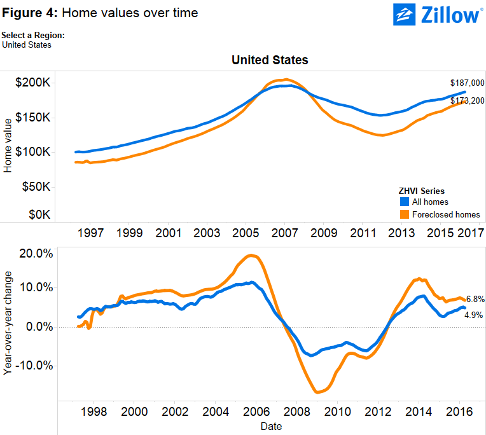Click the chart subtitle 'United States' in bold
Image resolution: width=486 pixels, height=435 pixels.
pyautogui.click(x=270, y=60)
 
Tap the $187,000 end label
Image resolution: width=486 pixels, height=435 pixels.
pyautogui.click(x=467, y=83)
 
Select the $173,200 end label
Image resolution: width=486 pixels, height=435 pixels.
pyautogui.click(x=467, y=100)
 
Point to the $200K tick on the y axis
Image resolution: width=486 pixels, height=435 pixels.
pyautogui.click(x=32, y=83)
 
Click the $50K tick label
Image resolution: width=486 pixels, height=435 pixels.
pyautogui.click(x=34, y=186)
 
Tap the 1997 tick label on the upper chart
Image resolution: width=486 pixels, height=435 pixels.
pyautogui.click(x=90, y=233)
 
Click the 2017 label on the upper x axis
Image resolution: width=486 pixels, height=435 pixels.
pyautogui.click(x=470, y=233)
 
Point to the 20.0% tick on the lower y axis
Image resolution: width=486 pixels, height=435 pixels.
pyautogui.click(x=34, y=253)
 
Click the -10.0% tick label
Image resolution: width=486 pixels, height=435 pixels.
pyautogui.click(x=32, y=366)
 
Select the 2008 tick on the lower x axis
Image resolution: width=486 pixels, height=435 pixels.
pyautogui.click(x=295, y=411)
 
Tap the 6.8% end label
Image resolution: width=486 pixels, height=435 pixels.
pyautogui.click(x=475, y=299)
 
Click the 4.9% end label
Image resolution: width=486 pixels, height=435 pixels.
pyautogui.click(x=474, y=315)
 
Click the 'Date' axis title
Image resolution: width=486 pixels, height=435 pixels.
pyautogui.click(x=270, y=426)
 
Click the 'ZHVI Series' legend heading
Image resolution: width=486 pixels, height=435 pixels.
pyautogui.click(x=421, y=191)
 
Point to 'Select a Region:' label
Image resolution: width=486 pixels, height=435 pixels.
pyautogui.click(x=33, y=36)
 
